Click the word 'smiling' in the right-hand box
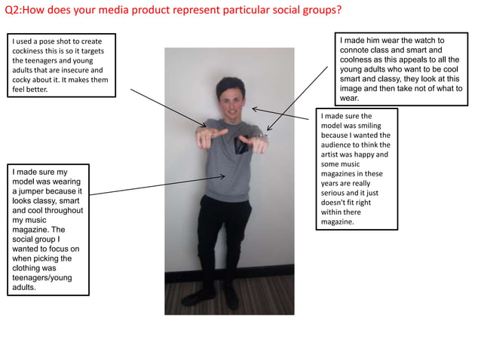(361, 126)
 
